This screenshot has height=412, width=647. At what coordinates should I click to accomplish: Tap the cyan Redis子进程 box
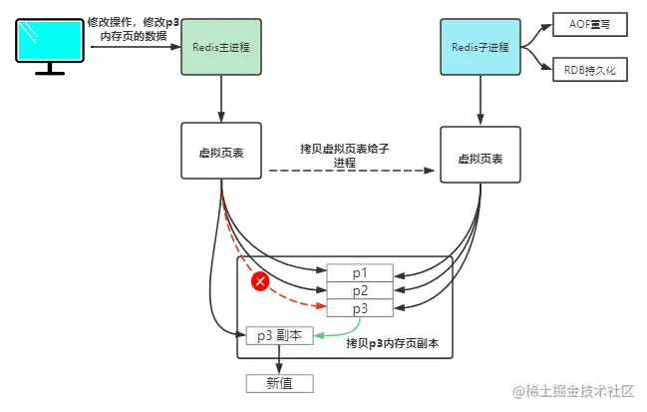481,46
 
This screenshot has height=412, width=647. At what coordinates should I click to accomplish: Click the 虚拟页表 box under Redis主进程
220,152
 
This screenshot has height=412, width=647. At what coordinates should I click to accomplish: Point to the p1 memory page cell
360,272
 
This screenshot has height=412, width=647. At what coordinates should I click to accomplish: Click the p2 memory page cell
360,290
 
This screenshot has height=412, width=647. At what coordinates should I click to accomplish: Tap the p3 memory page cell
360,308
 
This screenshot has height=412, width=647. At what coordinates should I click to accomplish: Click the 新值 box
279,383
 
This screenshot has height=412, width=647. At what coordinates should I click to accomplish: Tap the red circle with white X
261,282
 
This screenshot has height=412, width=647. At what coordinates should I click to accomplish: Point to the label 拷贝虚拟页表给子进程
344,155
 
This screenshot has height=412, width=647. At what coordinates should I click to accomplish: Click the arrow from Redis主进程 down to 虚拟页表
220,100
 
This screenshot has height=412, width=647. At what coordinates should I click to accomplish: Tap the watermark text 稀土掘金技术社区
578,389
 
